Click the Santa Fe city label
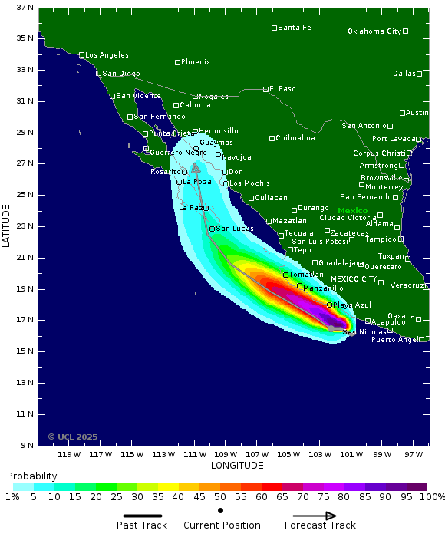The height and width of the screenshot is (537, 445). tap(295, 28)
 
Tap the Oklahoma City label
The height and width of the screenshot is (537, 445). tap(374, 31)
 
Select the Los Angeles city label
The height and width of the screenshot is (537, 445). tap(107, 55)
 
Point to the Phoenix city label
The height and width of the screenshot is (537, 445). tap(196, 62)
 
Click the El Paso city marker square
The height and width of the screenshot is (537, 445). tap(266, 89)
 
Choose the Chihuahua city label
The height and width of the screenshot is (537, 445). tap(295, 138)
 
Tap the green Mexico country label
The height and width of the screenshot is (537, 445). tap(353, 210)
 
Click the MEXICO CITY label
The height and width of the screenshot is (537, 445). tap(354, 278)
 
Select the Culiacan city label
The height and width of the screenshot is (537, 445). tap(271, 198)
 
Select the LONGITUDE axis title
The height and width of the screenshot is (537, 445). tap(236, 466)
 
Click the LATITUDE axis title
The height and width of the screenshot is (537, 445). tap(7, 225)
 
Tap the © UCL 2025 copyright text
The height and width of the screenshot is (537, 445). tap(73, 437)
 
